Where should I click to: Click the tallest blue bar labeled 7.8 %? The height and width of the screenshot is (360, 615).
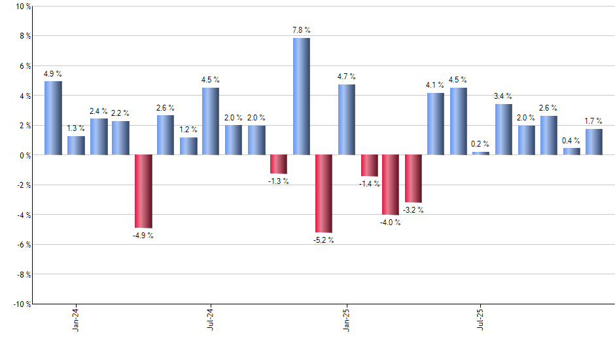(x=301, y=96)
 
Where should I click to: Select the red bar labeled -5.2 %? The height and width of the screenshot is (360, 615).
(x=324, y=193)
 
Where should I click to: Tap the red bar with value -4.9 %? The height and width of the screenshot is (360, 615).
(x=143, y=191)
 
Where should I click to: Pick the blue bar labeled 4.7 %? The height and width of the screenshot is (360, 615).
(x=347, y=120)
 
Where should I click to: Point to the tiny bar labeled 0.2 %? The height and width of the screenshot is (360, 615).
(x=481, y=153)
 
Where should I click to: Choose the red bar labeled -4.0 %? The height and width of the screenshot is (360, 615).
(x=391, y=185)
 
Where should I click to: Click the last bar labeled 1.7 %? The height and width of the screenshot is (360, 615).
(x=593, y=142)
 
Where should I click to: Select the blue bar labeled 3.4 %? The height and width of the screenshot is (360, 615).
(x=503, y=130)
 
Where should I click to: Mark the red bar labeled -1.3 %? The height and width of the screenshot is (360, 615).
(x=279, y=164)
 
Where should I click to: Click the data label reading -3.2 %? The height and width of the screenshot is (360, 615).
(x=413, y=210)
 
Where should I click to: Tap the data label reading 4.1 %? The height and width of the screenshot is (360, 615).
(x=435, y=84)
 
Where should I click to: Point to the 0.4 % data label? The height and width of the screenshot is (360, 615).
(x=571, y=140)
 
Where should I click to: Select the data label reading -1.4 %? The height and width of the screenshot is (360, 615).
(x=368, y=184)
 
